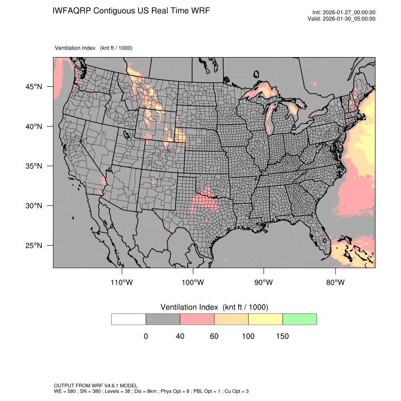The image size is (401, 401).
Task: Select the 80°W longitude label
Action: pyautogui.click(x=335, y=283)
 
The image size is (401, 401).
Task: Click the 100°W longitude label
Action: pyautogui.click(x=193, y=283)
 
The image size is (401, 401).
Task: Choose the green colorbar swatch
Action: pyautogui.click(x=300, y=319)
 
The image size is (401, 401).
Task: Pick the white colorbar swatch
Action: pyautogui.click(x=129, y=319)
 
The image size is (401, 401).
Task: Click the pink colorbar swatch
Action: pyautogui.click(x=197, y=319)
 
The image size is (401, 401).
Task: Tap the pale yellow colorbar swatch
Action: pyautogui.click(x=265, y=319)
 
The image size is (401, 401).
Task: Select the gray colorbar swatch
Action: pyautogui.click(x=163, y=319)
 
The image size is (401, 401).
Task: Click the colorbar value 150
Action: pyautogui.click(x=282, y=336)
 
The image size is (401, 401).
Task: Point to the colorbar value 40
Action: pyautogui.click(x=180, y=336)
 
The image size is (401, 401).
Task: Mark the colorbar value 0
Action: pyautogui.click(x=146, y=336)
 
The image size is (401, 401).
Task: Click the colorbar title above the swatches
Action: pyautogui.click(x=214, y=307)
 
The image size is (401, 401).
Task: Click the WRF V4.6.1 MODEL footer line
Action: pyautogui.click(x=96, y=386)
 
